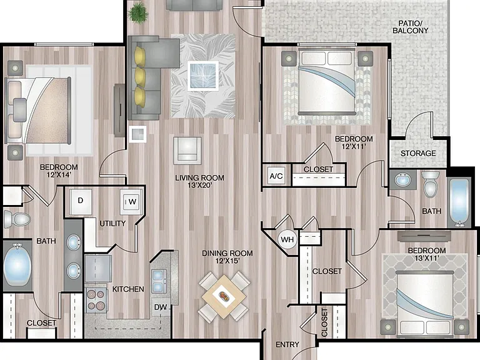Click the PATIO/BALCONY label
tap(410, 27)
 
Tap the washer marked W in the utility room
tap(131, 201)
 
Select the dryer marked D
tap(81, 201)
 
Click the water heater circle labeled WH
tap(287, 239)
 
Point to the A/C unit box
tap(276, 176)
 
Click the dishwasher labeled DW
tap(161, 307)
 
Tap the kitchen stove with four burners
tap(96, 300)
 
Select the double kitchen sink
tap(159, 281)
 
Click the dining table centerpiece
tap(224, 296)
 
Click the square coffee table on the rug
tap(203, 76)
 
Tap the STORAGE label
tap(418, 153)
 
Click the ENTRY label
tap(287, 345)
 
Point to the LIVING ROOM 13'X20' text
tap(199, 181)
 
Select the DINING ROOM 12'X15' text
tap(227, 257)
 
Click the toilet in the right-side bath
tap(431, 184)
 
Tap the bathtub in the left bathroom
tap(17, 264)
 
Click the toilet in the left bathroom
tap(17, 219)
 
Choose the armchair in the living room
tap(187, 151)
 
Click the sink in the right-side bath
tap(402, 180)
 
